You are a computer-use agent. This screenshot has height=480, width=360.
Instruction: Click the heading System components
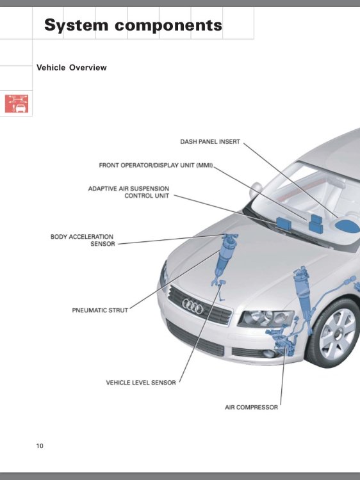[x=133, y=25]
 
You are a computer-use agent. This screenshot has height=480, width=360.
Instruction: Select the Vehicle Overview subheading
[x=71, y=68]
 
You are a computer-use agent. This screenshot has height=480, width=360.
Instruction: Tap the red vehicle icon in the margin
[x=17, y=104]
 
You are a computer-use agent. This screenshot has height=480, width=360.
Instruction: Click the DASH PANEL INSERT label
[x=210, y=141]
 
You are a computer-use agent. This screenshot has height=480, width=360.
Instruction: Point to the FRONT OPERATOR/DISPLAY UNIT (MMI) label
[x=156, y=165]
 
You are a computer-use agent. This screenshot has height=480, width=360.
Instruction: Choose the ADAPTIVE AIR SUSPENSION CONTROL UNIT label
[x=129, y=192]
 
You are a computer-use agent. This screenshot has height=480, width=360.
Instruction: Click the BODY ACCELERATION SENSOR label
[x=82, y=240]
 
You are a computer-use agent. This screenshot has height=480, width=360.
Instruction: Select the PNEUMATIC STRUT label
[x=100, y=310]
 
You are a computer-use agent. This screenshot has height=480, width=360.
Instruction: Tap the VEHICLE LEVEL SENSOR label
[x=141, y=383]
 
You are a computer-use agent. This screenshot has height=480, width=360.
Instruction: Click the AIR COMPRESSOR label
[x=251, y=408]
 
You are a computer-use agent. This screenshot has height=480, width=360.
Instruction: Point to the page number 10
[x=40, y=445]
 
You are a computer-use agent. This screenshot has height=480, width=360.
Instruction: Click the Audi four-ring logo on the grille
[x=193, y=307]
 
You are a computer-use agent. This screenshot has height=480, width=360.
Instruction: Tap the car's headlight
[x=266, y=319]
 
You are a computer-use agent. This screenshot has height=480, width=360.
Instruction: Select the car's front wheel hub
[x=338, y=333]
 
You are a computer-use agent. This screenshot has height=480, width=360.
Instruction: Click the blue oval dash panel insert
[x=347, y=226]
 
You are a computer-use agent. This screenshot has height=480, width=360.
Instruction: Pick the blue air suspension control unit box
[x=283, y=223]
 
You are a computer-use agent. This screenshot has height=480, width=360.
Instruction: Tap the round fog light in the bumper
[x=269, y=353]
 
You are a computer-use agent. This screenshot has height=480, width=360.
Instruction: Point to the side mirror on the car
[x=255, y=190]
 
